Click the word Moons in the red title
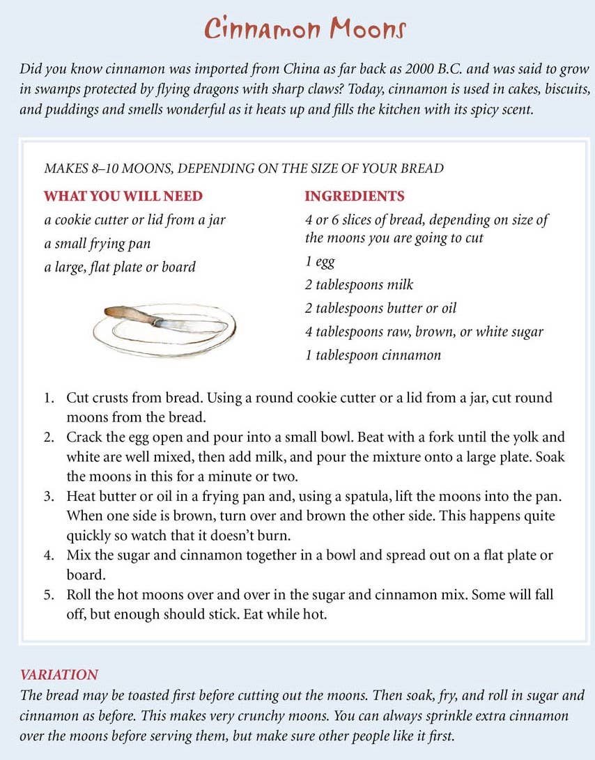pyautogui.click(x=359, y=29)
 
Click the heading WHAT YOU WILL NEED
pyautogui.click(x=123, y=196)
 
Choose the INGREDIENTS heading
pyautogui.click(x=355, y=196)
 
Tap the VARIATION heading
pyautogui.click(x=59, y=674)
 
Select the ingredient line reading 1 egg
pyautogui.click(x=320, y=262)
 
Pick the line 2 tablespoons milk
pyautogui.click(x=359, y=284)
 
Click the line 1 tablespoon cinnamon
pyautogui.click(x=373, y=355)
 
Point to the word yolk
pyautogui.click(x=516, y=437)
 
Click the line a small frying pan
pyautogui.click(x=98, y=244)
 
